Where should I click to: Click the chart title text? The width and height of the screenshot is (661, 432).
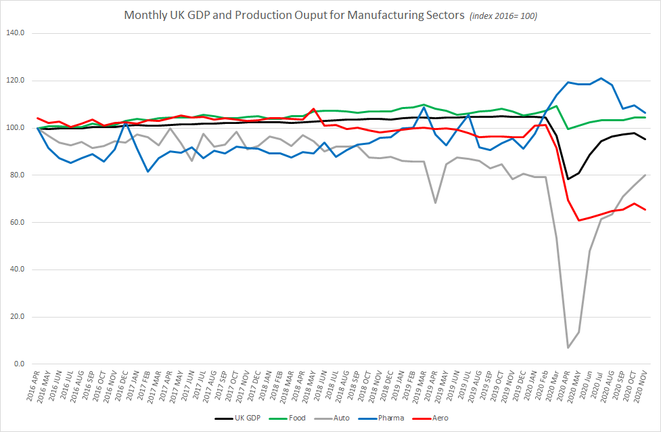(294, 15)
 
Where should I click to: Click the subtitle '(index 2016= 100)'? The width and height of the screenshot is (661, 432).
(503, 16)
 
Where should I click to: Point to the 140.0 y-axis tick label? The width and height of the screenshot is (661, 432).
(14, 33)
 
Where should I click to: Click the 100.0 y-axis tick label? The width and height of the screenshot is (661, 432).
(14, 128)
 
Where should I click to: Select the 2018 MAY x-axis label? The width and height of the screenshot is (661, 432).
(309, 387)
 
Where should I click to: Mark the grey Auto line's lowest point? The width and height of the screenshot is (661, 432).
(568, 347)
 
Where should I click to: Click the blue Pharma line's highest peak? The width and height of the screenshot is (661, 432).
(601, 78)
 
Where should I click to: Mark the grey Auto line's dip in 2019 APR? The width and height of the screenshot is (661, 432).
(436, 202)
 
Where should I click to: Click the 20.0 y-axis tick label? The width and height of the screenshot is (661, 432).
(16, 317)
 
